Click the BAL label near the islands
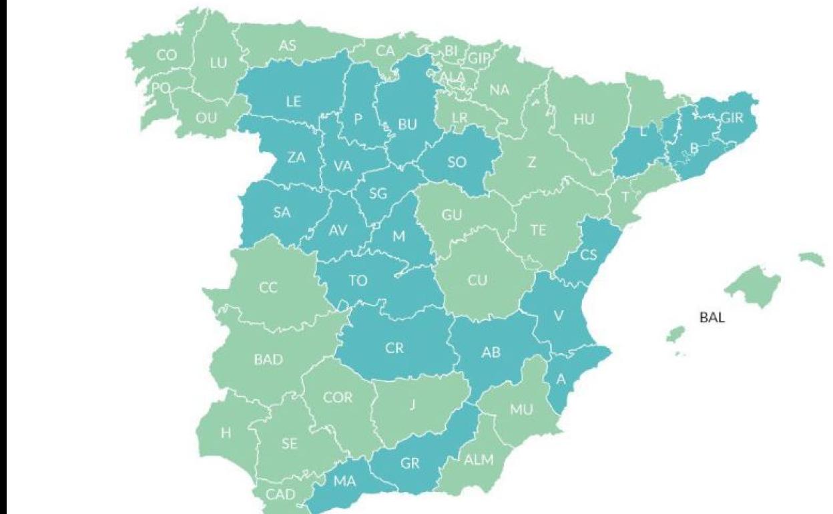pos(712,318)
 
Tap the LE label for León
pos(294,102)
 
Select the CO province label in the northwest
pos(167,55)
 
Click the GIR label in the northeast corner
pos(732,118)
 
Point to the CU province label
pos(477,280)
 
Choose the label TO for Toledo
pos(358,280)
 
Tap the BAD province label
pos(268,360)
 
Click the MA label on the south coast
pos(345,481)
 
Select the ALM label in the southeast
pos(479,459)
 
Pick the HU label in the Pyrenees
pos(583,119)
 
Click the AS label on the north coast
pos(288,46)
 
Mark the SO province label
pos(457,162)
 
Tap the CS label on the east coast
pos(588,255)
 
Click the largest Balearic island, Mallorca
pos(754,286)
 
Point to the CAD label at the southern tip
pos(280,495)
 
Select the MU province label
pos(521,409)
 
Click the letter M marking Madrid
pos(398,236)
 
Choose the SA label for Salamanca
pos(282,212)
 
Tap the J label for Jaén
pos(412,405)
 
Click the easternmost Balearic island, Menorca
pos(812,259)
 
